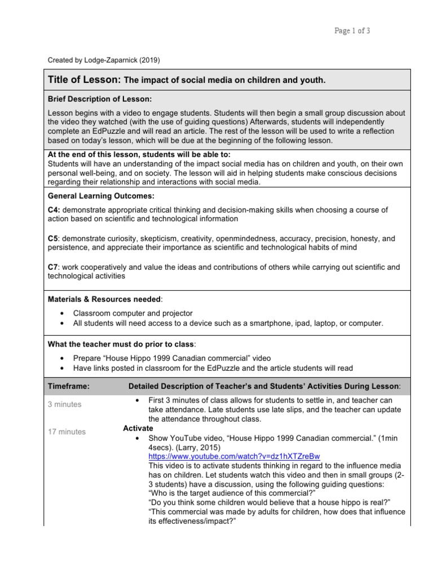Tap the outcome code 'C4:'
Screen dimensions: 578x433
(x=54, y=209)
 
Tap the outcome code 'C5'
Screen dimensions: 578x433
(x=53, y=238)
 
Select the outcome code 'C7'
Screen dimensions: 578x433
(x=53, y=267)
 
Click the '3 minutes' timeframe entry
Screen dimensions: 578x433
(x=64, y=404)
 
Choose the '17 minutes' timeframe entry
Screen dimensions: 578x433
(x=67, y=432)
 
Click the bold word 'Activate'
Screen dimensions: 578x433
(x=138, y=428)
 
